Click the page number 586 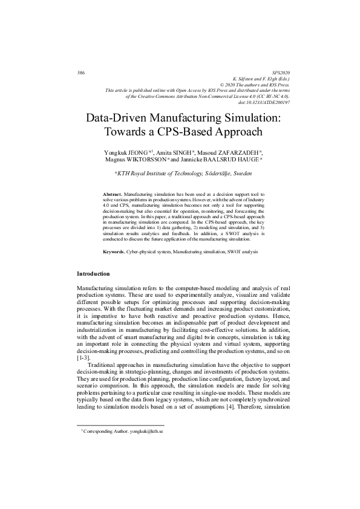click(81, 73)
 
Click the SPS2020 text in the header click(281, 73)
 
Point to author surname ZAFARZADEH click(237, 152)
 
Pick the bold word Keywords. click(114, 250)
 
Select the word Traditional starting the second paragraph click(102, 365)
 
